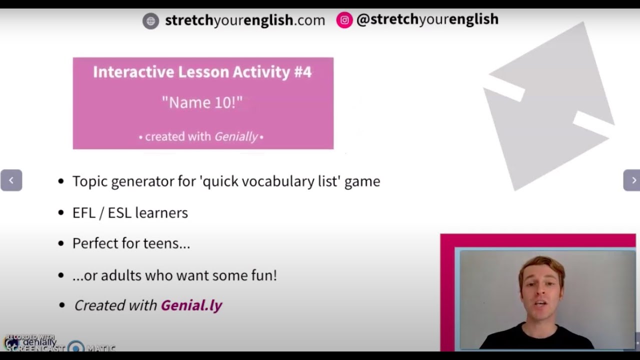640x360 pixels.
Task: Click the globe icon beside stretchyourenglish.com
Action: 150,21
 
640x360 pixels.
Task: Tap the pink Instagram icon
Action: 344,20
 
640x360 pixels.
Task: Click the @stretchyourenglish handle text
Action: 427,19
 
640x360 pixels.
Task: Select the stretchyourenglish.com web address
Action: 245,20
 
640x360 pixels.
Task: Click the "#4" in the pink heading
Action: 302,72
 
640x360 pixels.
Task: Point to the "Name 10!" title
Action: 202,102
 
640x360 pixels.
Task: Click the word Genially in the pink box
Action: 236,136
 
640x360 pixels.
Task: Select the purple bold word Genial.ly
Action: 191,305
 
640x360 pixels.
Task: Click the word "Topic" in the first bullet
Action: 90,181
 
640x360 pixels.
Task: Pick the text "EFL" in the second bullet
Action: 83,212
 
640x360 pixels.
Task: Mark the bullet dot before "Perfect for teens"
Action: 61,243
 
